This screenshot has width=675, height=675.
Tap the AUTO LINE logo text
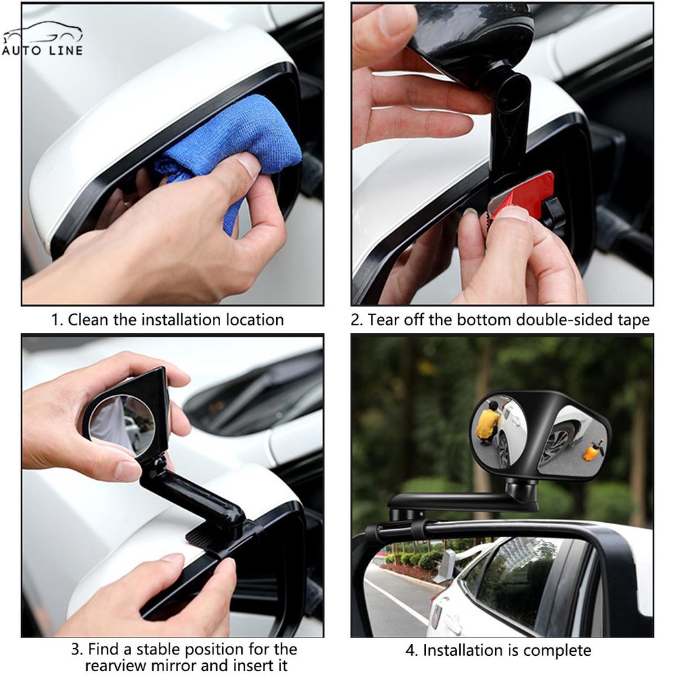pyautogui.click(x=42, y=51)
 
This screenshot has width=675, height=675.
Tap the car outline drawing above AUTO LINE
pyautogui.click(x=43, y=33)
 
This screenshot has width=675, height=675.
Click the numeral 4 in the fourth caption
pyautogui.click(x=409, y=651)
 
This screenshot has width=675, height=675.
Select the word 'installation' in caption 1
pyautogui.click(x=182, y=320)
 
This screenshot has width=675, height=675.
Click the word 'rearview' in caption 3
pyautogui.click(x=115, y=666)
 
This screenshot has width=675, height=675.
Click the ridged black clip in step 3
pyautogui.click(x=206, y=537)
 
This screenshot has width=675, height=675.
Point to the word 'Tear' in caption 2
pyautogui.click(x=384, y=320)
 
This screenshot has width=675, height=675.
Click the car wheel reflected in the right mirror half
pyautogui.click(x=559, y=444)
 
